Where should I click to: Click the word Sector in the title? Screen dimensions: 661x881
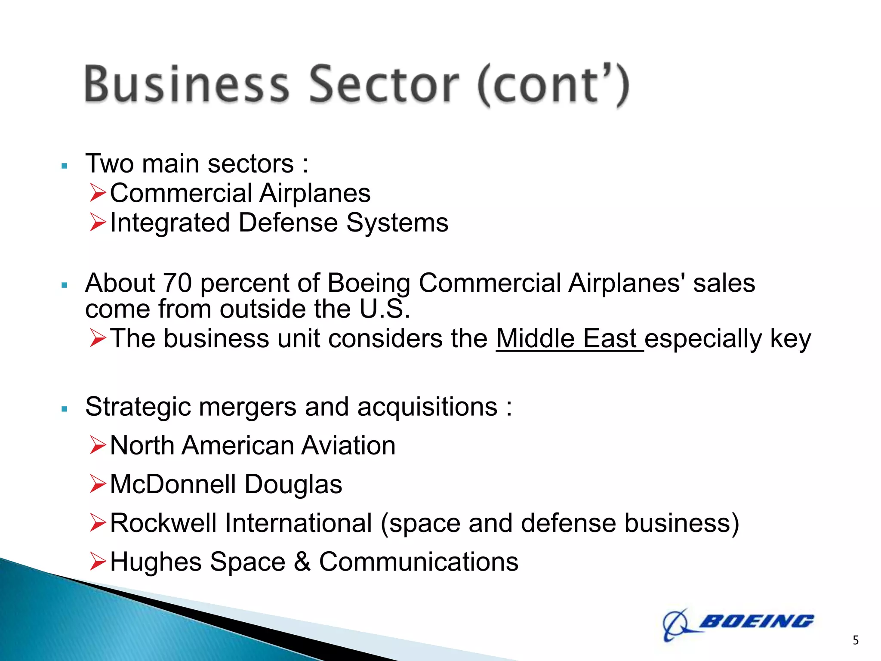pos(384,84)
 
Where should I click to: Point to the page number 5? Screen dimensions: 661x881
pos(856,640)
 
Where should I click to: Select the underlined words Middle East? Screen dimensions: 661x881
pos(569,339)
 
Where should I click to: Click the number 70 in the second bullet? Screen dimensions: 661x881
pos(177,283)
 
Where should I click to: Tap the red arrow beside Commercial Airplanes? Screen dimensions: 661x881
pos(98,193)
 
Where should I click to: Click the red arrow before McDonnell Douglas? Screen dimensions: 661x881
pos(98,484)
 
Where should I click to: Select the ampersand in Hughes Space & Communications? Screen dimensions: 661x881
pos(302,562)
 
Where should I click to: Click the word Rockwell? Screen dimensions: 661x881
pos(163,523)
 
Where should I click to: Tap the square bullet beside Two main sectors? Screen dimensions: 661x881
pos(65,166)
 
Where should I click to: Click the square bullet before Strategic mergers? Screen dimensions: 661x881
pos(65,409)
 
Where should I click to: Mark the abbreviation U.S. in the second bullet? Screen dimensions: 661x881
pos(385,309)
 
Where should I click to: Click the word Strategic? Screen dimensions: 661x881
pos(138,407)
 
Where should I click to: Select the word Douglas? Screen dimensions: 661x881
pos(293,484)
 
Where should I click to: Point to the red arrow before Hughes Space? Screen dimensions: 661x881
pos(98,562)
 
